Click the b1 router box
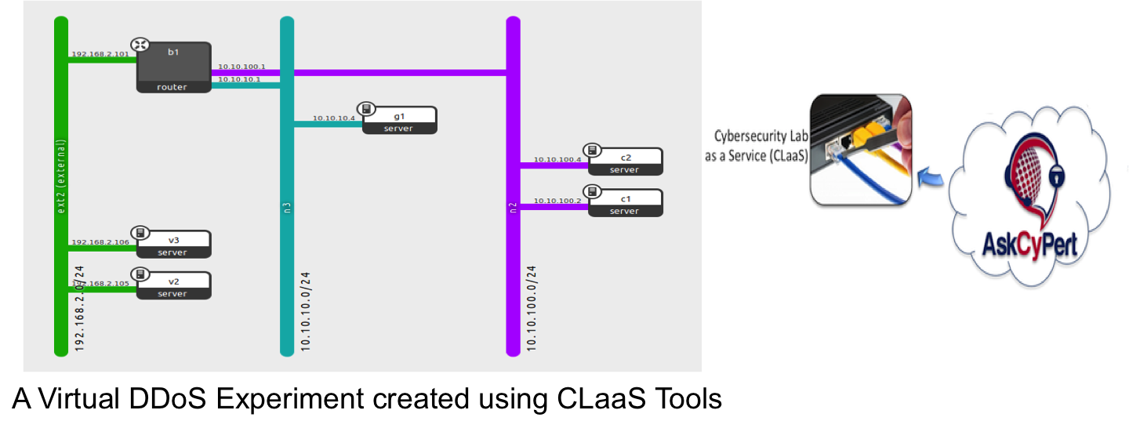coord(174,67)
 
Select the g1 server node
coord(398,120)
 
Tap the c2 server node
coord(624,161)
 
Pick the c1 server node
coord(624,202)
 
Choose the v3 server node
coord(173,244)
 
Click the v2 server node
coord(173,285)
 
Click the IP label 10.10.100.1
coord(241,67)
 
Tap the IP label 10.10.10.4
coord(334,118)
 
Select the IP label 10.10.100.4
coord(557,160)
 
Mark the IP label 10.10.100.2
coord(557,201)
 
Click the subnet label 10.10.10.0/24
coord(307,310)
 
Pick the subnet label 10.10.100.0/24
coord(532,307)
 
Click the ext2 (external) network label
coord(61,176)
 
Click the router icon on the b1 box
coord(140,45)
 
